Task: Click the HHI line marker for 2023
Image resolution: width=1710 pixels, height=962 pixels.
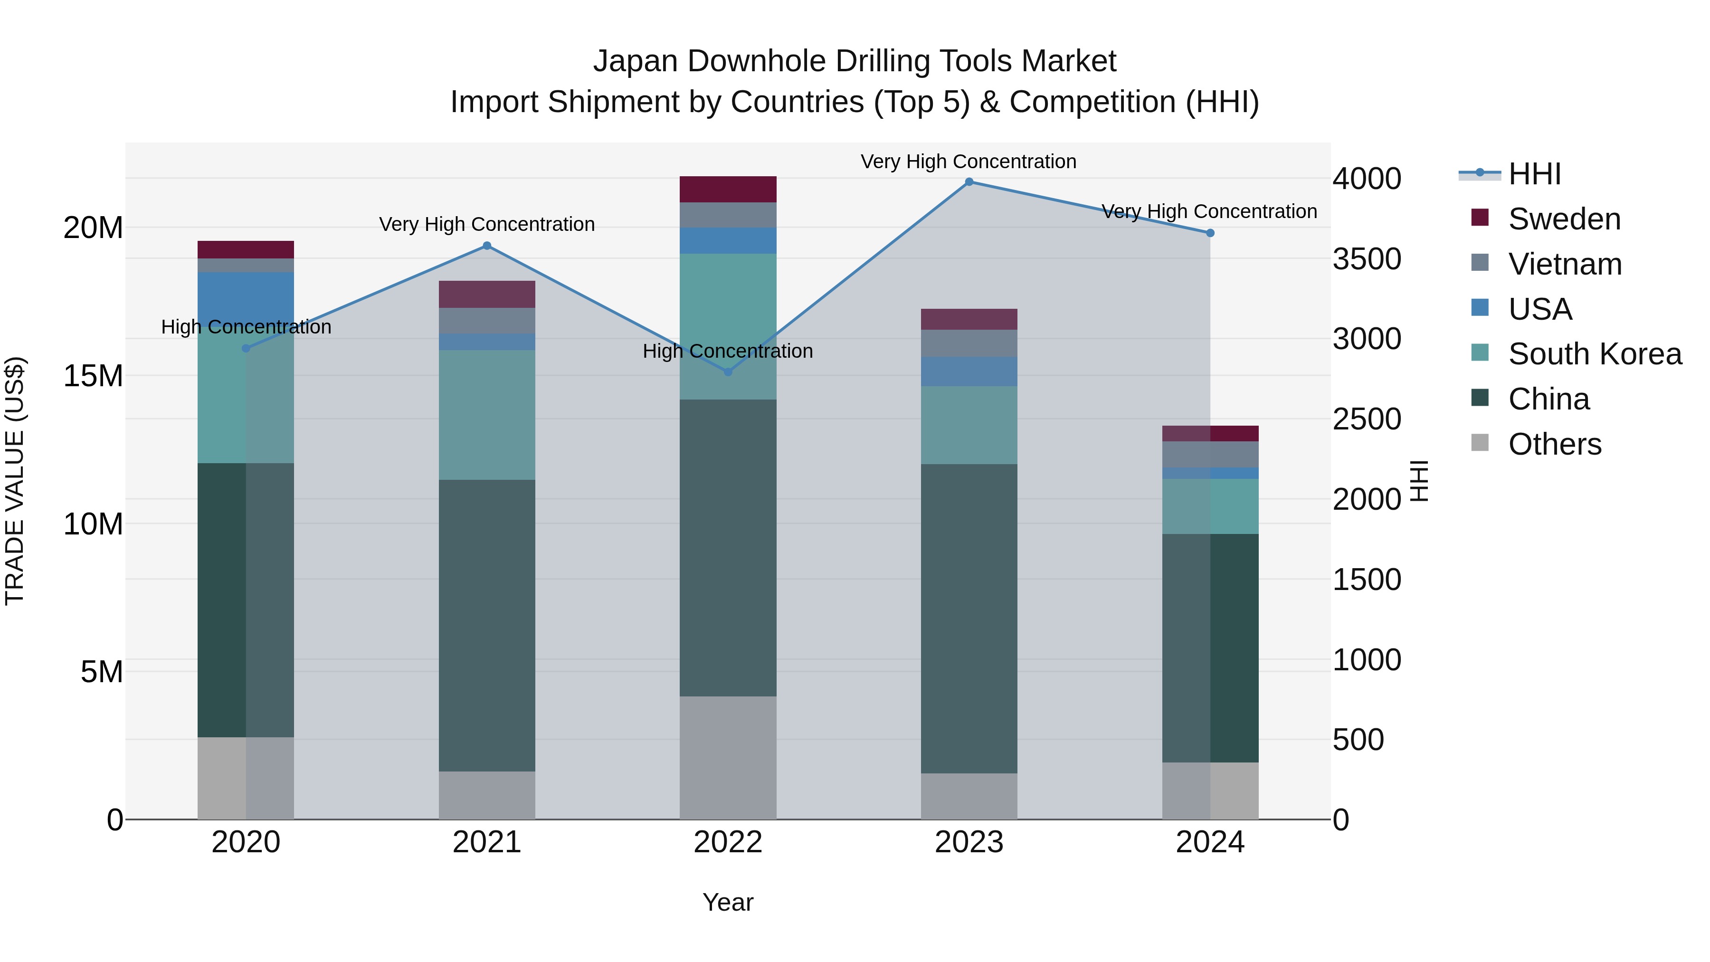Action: click(969, 182)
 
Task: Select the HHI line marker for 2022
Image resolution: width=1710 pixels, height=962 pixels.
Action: click(728, 372)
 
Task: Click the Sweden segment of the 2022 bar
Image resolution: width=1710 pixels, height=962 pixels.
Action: click(728, 189)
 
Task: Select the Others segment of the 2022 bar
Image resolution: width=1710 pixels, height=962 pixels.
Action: click(728, 758)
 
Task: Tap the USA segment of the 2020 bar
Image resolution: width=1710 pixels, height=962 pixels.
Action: click(246, 295)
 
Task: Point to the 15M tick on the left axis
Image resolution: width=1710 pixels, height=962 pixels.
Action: click(93, 376)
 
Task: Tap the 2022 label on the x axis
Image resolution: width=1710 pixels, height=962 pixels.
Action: click(728, 842)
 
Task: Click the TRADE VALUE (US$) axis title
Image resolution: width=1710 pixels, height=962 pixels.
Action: click(15, 481)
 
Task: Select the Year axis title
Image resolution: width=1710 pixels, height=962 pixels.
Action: click(728, 902)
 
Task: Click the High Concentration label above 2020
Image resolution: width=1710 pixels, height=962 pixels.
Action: click(246, 327)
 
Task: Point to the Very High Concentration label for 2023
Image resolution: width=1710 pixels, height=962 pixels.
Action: click(969, 162)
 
